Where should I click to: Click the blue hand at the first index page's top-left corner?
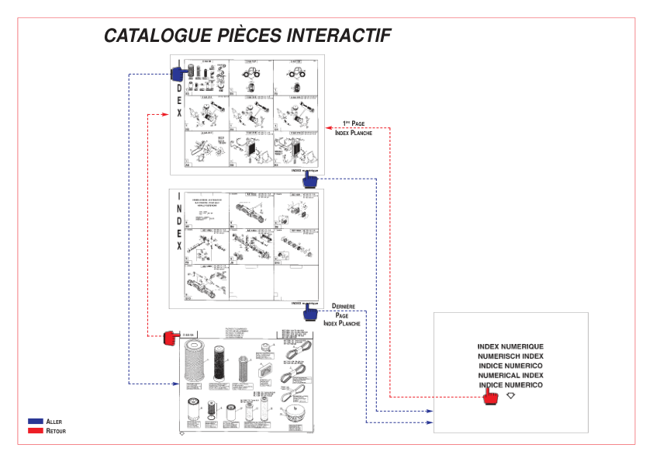tap(177, 73)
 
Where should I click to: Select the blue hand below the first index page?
tap(310, 180)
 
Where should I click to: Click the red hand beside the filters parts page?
tap(171, 338)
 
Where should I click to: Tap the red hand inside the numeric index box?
tap(490, 397)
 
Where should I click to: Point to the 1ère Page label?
tap(354, 123)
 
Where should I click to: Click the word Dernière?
tap(343, 307)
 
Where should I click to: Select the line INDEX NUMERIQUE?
tap(510, 346)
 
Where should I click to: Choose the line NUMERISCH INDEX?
tap(510, 356)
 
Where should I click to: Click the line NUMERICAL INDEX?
tap(510, 375)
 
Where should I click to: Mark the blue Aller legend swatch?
tap(35, 421)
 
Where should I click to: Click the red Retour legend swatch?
tap(35, 429)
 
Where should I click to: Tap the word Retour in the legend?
tap(57, 430)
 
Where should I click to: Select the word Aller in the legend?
tap(54, 421)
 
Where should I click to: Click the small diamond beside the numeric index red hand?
tap(510, 395)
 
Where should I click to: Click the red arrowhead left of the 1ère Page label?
tap(329, 128)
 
